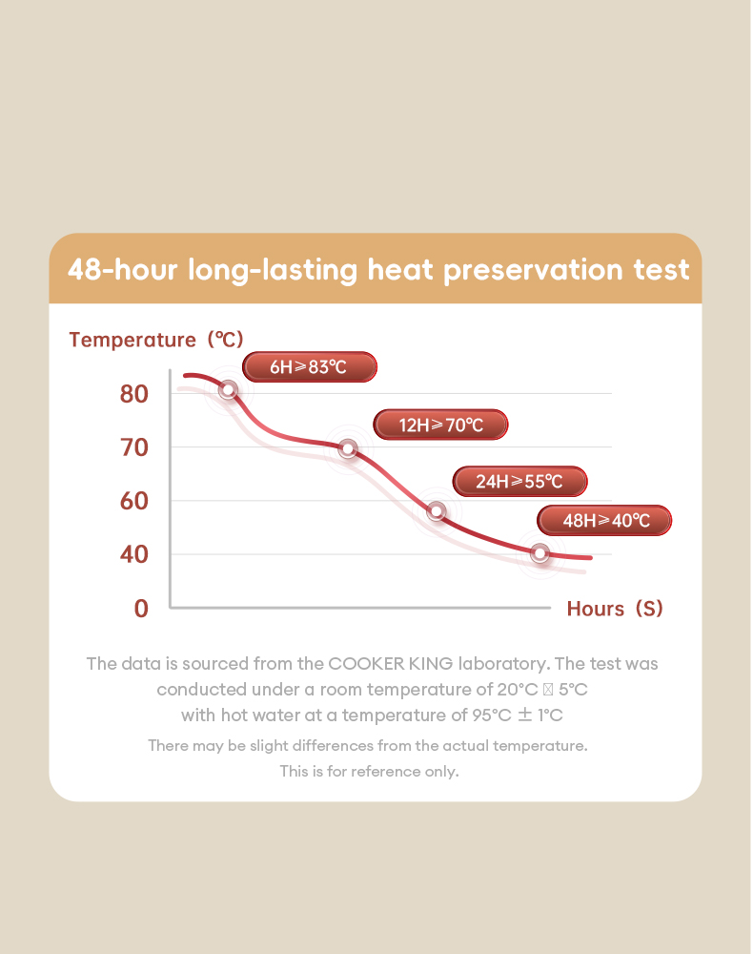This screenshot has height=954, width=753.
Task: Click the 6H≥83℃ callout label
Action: pos(310,366)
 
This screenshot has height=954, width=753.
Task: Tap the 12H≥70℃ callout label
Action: pos(440,425)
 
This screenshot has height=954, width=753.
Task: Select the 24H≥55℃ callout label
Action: pos(519,482)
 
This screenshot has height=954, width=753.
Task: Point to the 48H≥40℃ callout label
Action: pos(605,520)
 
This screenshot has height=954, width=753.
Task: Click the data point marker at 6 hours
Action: pos(228,389)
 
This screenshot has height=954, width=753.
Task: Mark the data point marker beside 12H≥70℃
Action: pos(348,448)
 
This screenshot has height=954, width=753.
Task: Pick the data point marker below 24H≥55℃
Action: pos(437,511)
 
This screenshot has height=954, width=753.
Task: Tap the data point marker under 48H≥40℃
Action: pos(540,553)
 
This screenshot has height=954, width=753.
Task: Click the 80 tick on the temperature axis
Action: pos(134,393)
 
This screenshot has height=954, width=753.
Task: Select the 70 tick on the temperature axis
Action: pos(134,447)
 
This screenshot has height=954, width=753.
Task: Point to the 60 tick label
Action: pos(134,501)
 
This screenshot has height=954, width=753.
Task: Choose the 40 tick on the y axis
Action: pos(134,554)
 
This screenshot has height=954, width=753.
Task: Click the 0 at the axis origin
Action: pos(141,608)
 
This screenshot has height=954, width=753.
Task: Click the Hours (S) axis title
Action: pos(615,609)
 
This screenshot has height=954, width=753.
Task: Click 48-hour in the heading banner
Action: pos(122,270)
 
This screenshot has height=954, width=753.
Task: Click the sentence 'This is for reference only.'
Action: pos(369,771)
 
